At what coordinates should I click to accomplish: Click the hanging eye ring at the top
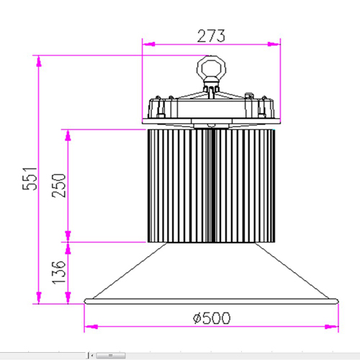[x=212, y=69]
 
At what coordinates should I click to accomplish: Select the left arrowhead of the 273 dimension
[x=148, y=45]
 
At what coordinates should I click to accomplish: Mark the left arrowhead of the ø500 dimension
[x=89, y=328]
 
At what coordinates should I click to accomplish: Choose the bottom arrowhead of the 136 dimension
[x=68, y=298]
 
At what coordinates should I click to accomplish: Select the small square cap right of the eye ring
[x=248, y=94]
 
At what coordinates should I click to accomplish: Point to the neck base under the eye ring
[x=212, y=89]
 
